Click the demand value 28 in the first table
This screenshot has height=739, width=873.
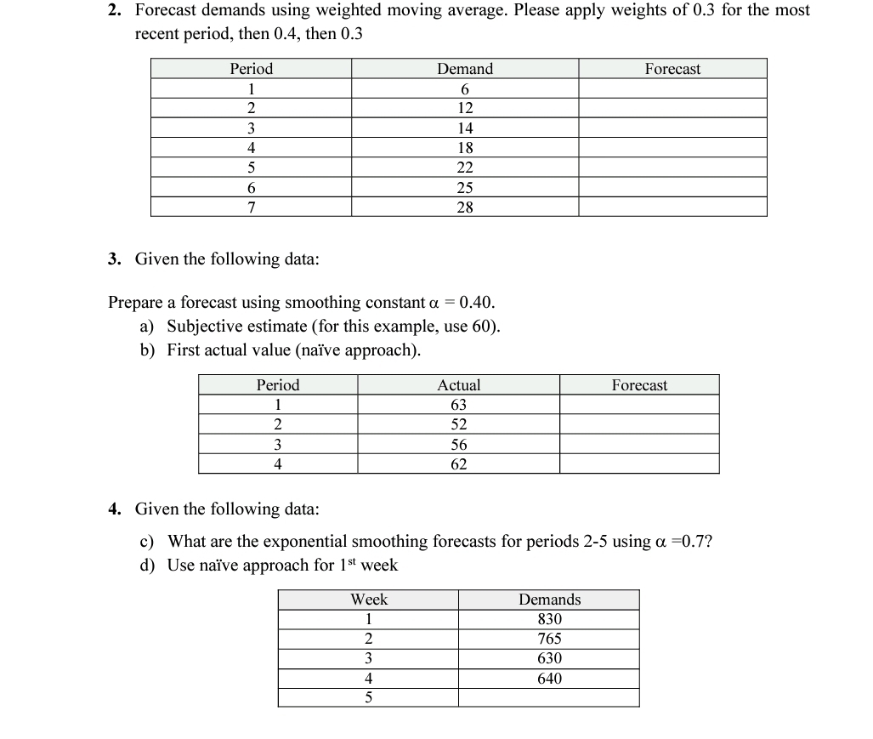point(465,207)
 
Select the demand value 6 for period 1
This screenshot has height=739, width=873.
point(465,89)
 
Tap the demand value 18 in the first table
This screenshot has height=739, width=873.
point(465,148)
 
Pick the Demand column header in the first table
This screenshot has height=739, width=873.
point(465,69)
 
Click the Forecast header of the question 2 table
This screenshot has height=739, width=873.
point(672,69)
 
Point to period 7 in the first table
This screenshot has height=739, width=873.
point(252,207)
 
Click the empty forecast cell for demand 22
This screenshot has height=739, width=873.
point(672,168)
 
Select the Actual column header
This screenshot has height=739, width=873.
point(458,385)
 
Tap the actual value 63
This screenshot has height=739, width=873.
point(458,405)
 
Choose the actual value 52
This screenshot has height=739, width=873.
point(458,424)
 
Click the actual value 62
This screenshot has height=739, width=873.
point(458,464)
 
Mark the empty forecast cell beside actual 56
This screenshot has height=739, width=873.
point(639,445)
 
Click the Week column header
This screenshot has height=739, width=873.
point(369,600)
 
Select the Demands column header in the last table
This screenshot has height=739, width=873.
point(550,600)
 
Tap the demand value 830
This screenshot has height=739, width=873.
point(550,620)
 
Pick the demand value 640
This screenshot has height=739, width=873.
point(550,679)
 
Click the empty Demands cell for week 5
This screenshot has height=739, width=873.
point(550,698)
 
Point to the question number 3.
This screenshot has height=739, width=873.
point(114,259)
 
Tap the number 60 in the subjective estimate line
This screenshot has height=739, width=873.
point(484,327)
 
